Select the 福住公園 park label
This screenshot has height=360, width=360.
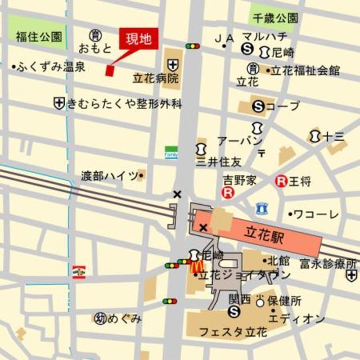tap(39, 38)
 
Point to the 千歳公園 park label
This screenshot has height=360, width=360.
tap(275, 17)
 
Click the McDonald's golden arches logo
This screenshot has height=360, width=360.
tap(196, 266)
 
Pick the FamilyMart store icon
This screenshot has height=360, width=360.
tap(171, 152)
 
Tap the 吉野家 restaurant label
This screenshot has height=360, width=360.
tap(238, 181)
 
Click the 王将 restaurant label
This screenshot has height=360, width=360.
tap(300, 181)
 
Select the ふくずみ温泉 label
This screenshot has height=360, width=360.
tap(51, 67)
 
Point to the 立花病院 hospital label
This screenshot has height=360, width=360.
tap(155, 78)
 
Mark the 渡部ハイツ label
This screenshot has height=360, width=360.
tap(109, 175)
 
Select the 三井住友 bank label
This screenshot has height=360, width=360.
tap(218, 162)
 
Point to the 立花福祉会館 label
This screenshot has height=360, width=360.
tap(306, 71)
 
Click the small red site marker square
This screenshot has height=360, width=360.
tap(110, 70)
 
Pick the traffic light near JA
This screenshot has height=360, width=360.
tap(192, 46)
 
